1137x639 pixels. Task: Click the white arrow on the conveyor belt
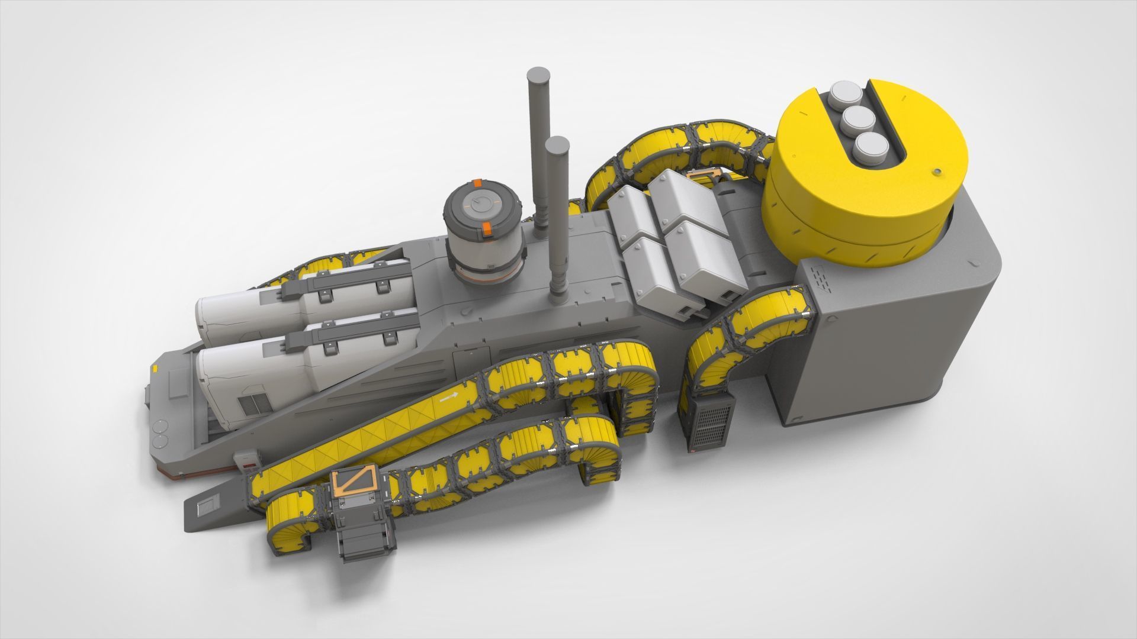point(448,398)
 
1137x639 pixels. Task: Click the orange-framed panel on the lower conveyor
point(355,482)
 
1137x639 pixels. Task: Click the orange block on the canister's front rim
point(486,230)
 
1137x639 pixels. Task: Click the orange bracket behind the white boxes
point(705,175)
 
